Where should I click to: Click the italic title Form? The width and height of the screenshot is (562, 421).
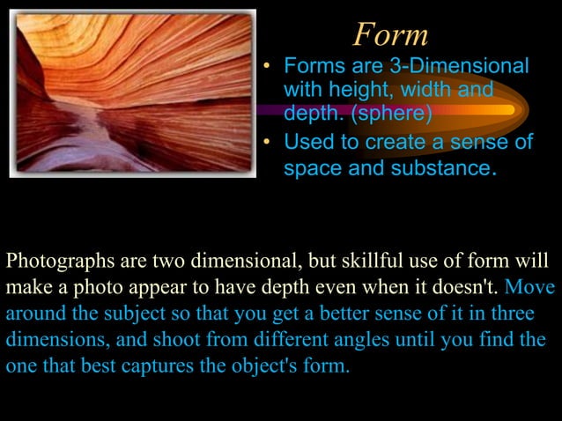click(x=390, y=34)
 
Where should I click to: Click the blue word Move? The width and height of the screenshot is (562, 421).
click(x=532, y=287)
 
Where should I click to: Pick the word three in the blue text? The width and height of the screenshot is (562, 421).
click(x=514, y=314)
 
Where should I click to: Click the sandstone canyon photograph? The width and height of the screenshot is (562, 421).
click(x=132, y=92)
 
